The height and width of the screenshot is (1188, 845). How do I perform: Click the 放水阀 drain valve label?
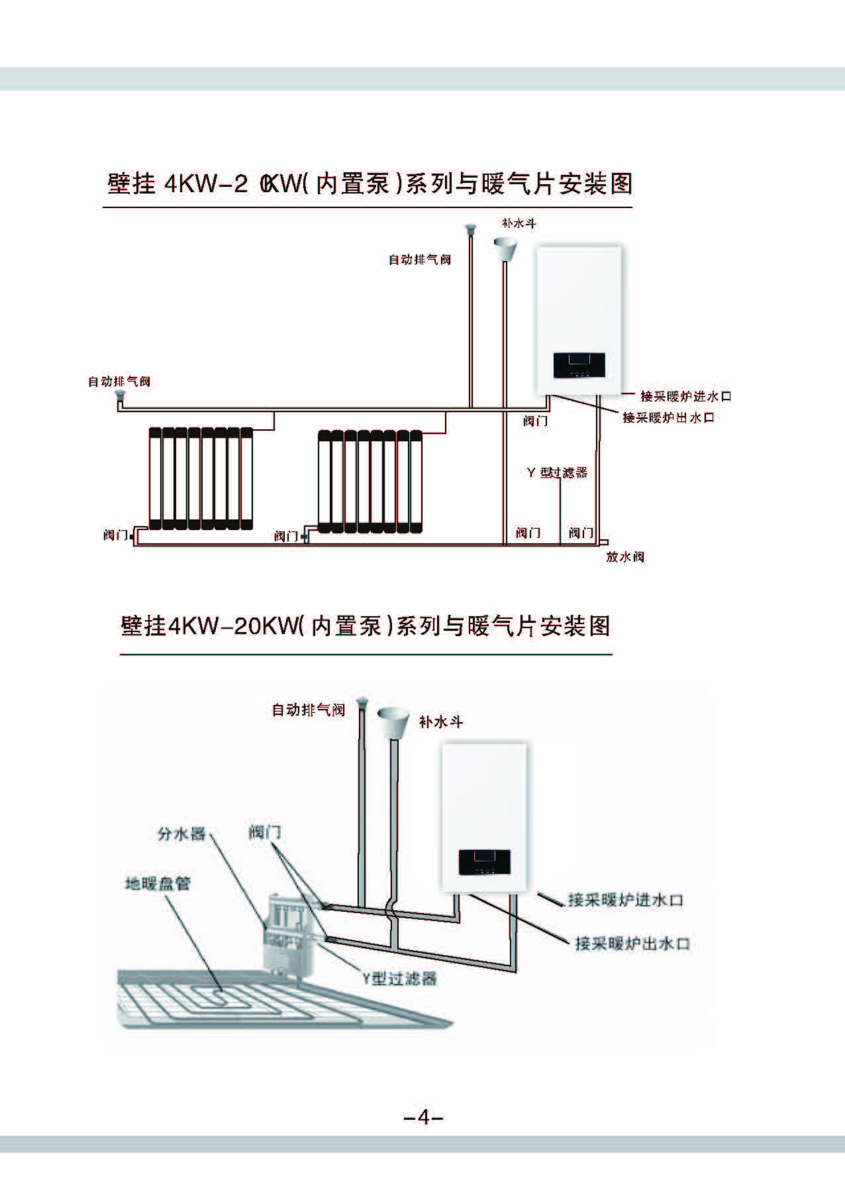(624, 557)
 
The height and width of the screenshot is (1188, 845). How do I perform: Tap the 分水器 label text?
(181, 834)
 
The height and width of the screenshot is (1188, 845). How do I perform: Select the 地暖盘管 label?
(158, 884)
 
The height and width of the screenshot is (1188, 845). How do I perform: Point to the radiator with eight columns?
(201, 478)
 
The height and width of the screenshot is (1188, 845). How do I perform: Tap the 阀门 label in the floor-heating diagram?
(265, 832)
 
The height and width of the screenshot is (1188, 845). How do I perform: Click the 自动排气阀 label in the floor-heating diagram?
(309, 710)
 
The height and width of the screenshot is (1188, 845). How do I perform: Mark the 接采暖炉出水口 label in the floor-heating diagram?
(632, 944)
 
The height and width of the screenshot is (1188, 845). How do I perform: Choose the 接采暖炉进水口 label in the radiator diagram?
(685, 396)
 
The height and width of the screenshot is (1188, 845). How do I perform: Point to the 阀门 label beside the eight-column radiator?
(115, 535)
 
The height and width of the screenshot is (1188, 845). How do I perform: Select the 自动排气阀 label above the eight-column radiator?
(119, 382)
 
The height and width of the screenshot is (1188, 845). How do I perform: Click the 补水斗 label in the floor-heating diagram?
(440, 722)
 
